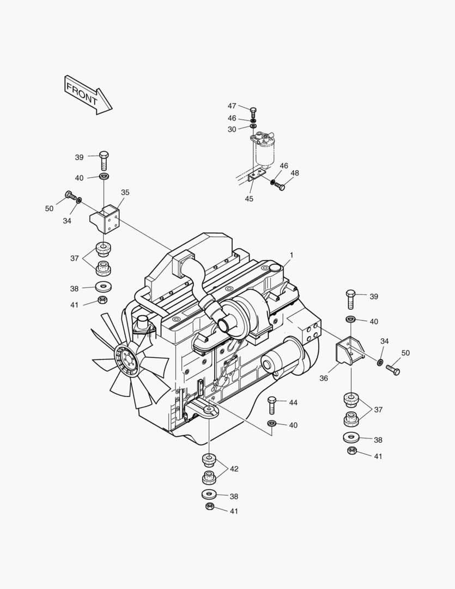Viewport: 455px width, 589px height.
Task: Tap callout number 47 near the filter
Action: [x=232, y=106]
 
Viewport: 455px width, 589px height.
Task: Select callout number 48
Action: [x=295, y=173]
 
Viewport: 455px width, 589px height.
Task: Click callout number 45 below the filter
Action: [x=249, y=199]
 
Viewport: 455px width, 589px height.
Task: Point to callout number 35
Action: [x=125, y=193]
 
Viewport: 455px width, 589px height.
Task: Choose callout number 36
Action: [x=324, y=377]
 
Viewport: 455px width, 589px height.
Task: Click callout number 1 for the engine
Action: [x=292, y=255]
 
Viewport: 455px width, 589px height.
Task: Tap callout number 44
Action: [x=293, y=402]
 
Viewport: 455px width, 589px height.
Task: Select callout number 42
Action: [x=234, y=468]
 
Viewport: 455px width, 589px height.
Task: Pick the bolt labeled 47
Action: [x=253, y=111]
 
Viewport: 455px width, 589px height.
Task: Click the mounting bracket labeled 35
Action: [x=106, y=218]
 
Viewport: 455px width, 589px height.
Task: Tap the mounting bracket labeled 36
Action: [x=349, y=354]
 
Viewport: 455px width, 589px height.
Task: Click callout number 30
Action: [x=232, y=129]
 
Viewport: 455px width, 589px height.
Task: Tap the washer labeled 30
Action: [x=253, y=127]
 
